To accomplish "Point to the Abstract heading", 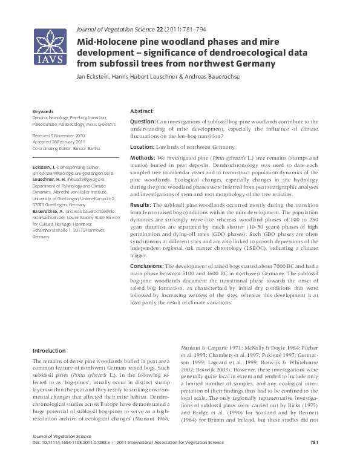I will (x=141, y=112).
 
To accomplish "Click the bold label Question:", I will (x=143, y=122).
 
